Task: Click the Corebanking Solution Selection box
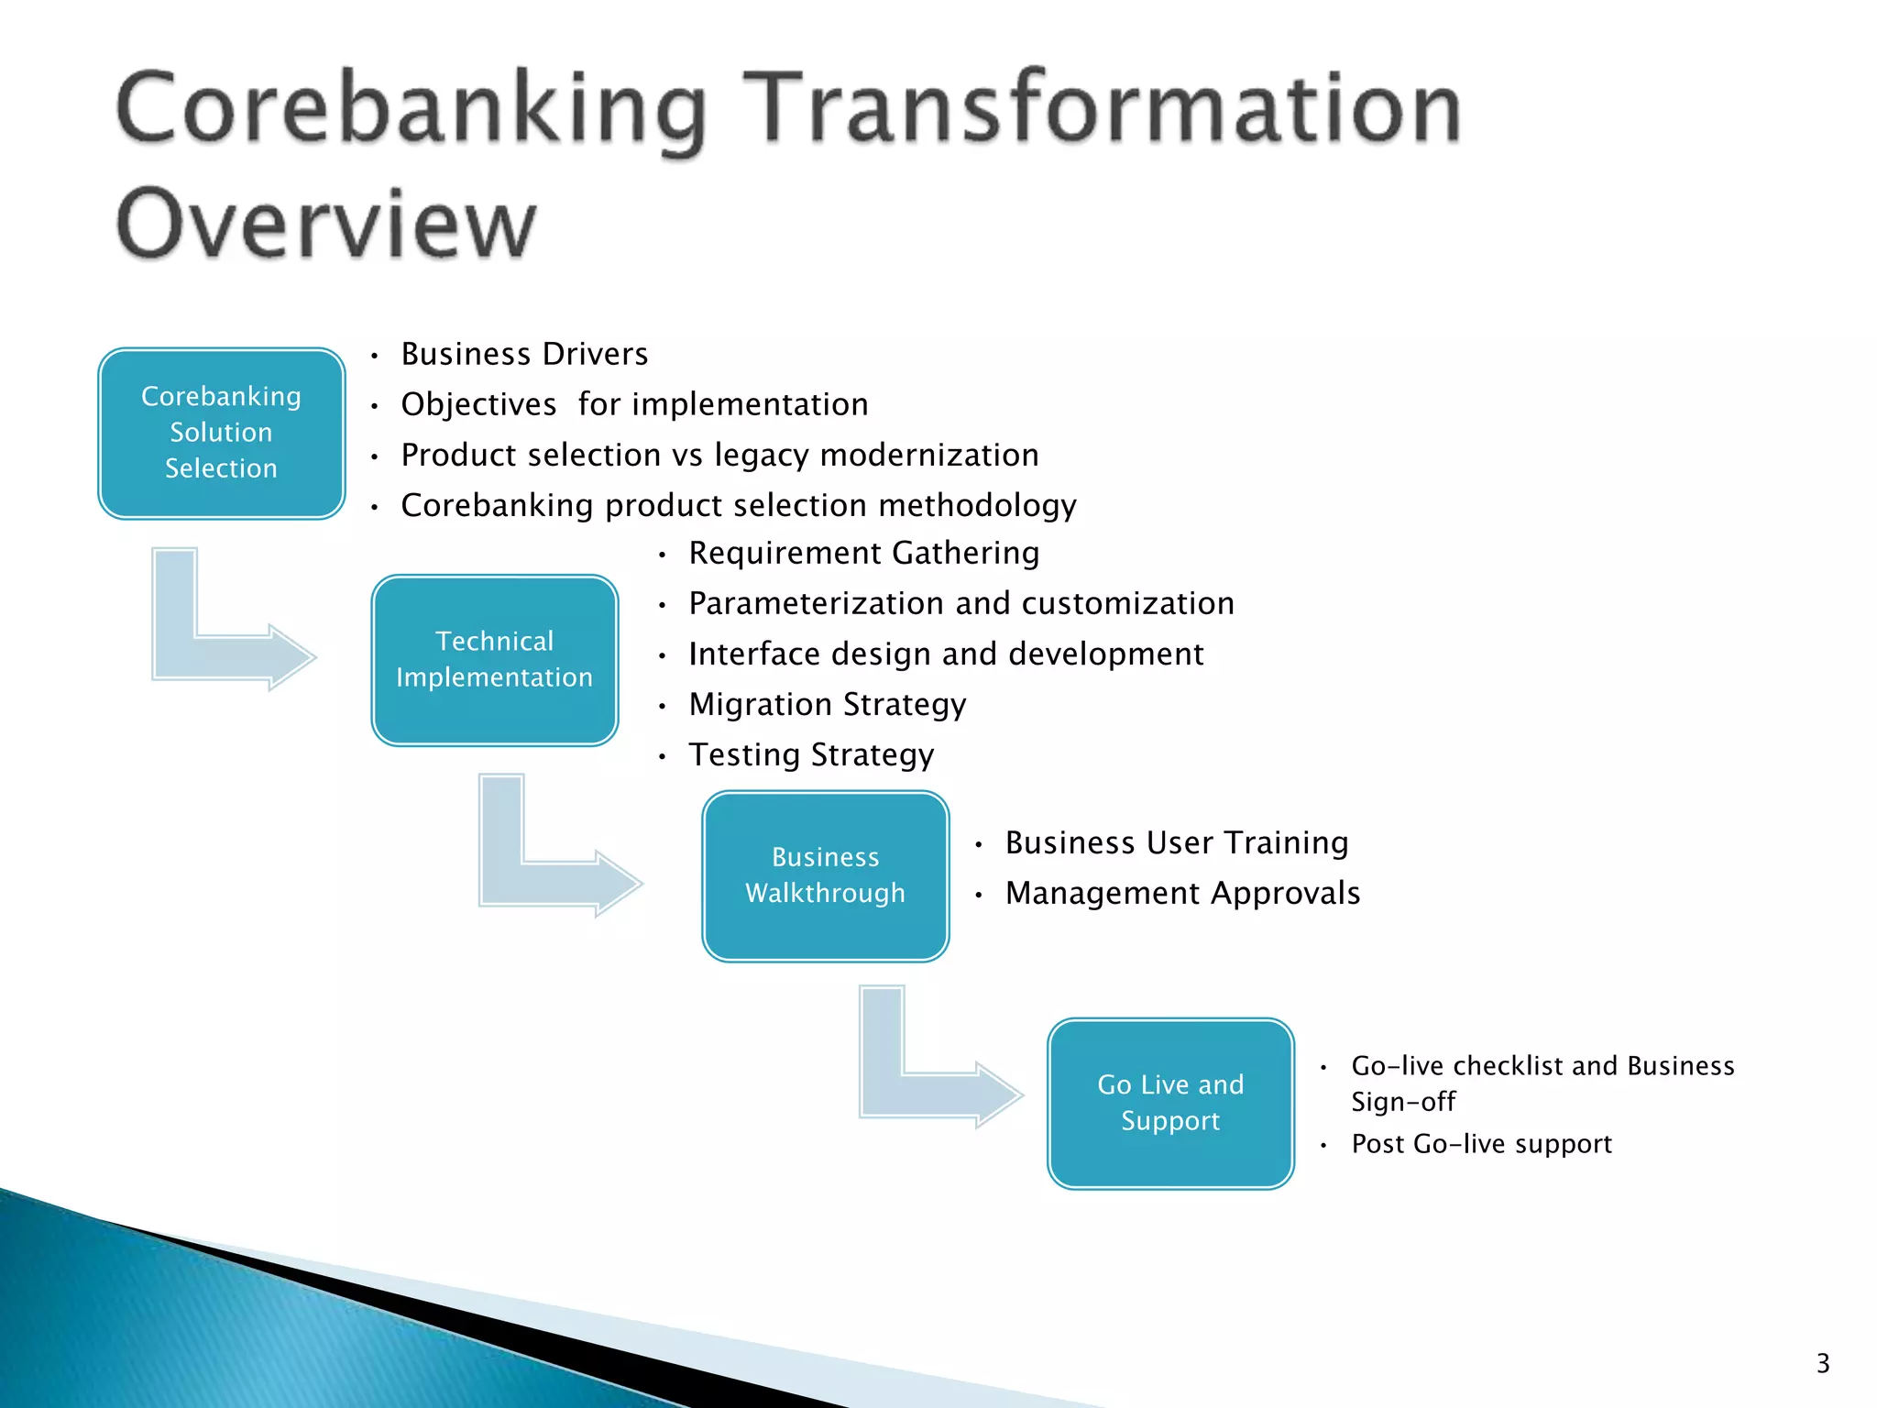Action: pos(221,433)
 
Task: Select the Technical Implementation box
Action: pos(494,660)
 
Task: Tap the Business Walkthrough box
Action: pos(825,875)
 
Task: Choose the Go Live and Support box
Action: pos(1170,1103)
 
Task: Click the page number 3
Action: pos(1822,1363)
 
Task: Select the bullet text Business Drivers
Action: pos(524,354)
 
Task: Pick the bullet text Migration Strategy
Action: pos(827,704)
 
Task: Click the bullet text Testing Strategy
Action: pos(811,754)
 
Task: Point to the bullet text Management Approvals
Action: pos(1182,893)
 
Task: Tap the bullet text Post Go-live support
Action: pos(1481,1144)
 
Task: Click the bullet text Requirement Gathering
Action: pos(863,553)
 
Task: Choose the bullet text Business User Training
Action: pos(1176,842)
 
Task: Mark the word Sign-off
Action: pos(1403,1102)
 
